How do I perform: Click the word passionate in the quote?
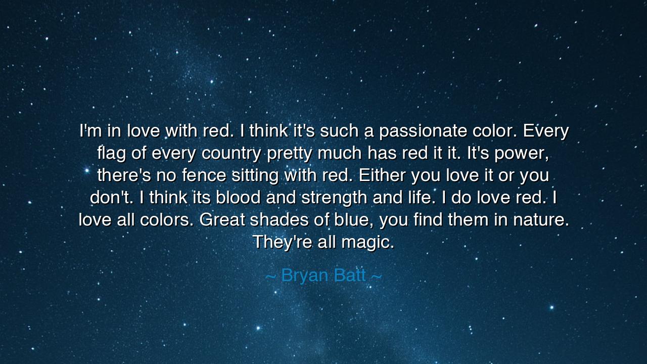(423, 131)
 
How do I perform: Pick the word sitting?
(255, 175)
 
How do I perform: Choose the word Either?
(383, 175)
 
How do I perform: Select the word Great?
(222, 220)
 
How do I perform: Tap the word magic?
(367, 242)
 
